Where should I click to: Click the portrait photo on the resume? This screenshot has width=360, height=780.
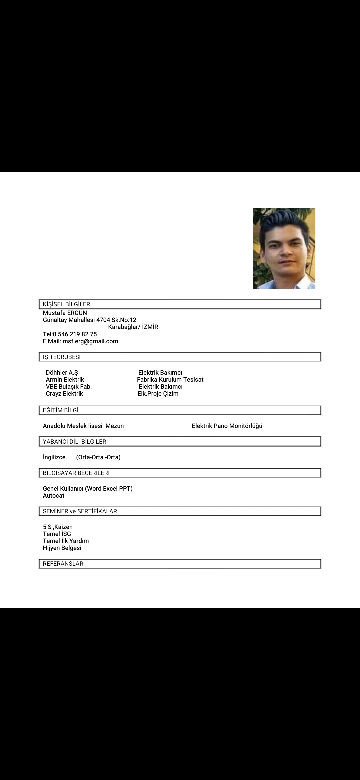click(x=284, y=248)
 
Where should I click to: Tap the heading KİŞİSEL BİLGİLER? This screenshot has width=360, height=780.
click(x=67, y=304)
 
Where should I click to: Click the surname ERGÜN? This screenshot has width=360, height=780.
click(x=77, y=313)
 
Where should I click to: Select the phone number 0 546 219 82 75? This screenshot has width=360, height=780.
click(x=75, y=334)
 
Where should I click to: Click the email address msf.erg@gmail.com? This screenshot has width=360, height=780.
click(x=90, y=341)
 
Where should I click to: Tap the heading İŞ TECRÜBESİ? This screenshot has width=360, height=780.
click(x=62, y=357)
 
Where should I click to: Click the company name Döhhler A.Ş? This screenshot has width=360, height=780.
click(x=62, y=372)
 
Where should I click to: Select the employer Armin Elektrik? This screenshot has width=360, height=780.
click(x=65, y=379)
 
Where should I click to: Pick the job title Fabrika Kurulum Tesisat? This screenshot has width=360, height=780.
click(x=170, y=379)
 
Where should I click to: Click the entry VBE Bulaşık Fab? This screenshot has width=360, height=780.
click(x=69, y=386)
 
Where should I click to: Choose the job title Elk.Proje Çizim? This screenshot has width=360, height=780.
click(x=158, y=393)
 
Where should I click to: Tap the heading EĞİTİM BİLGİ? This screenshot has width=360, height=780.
click(x=61, y=410)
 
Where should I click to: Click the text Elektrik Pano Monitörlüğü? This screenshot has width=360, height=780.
click(x=227, y=426)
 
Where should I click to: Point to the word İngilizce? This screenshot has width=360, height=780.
click(x=54, y=457)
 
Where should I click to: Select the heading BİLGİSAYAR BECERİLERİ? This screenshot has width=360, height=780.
click(x=76, y=473)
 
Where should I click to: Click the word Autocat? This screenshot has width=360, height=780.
click(x=54, y=495)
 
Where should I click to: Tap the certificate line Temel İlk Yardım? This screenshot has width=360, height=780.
click(x=66, y=541)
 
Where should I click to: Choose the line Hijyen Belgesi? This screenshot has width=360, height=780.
click(x=62, y=548)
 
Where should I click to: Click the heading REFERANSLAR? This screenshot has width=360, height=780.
click(x=63, y=564)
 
